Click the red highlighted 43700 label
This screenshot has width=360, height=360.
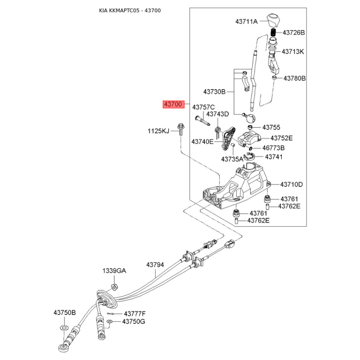[174, 104]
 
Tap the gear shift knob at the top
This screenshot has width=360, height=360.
[273, 20]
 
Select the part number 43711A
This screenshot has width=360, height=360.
[246, 22]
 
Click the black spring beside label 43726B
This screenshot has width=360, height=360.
[273, 32]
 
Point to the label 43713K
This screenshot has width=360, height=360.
[293, 52]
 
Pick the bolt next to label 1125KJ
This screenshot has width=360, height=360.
[181, 130]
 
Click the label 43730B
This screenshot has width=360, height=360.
[215, 92]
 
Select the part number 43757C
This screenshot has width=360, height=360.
[203, 107]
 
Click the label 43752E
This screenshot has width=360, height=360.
[282, 138]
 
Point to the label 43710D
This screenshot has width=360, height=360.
[291, 184]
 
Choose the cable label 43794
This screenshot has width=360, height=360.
[155, 265]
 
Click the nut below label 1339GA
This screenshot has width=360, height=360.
[114, 287]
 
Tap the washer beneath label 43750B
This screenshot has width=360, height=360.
[64, 327]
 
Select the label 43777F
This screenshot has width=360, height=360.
[135, 314]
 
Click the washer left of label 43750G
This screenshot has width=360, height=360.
[110, 321]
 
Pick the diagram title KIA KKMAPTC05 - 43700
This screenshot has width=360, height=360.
[130, 10]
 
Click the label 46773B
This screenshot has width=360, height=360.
[274, 148]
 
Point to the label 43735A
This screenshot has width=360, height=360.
[232, 159]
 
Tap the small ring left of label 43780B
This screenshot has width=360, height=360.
[274, 78]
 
